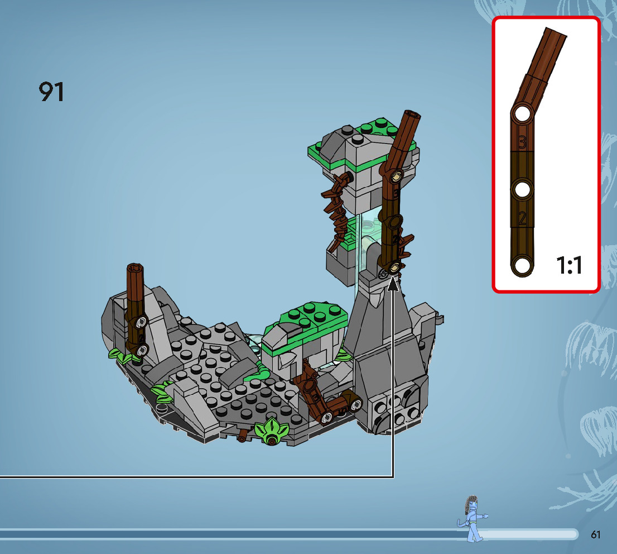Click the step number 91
coord(51,92)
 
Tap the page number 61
coord(595,534)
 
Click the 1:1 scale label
coord(569,265)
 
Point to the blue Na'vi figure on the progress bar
coord(473,518)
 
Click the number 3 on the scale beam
coord(522,142)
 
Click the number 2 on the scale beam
coord(522,218)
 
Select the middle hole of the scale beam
coord(522,189)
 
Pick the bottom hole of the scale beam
coord(522,265)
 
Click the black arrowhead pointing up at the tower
coord(393,284)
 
